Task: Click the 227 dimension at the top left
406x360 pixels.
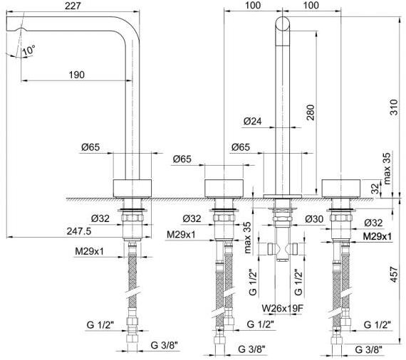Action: coord(73,6)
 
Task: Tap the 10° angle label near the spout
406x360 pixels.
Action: coord(28,50)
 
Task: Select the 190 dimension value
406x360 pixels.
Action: coord(77,75)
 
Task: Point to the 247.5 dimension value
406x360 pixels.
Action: coord(79,231)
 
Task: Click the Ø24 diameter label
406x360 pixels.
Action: coord(252,121)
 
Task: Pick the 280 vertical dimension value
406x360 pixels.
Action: coord(311,112)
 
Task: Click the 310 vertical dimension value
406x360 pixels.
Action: coord(394,107)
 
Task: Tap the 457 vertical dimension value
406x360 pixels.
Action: coord(394,275)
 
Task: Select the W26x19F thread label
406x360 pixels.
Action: coord(282,308)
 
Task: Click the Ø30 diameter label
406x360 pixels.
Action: coord(314,219)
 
